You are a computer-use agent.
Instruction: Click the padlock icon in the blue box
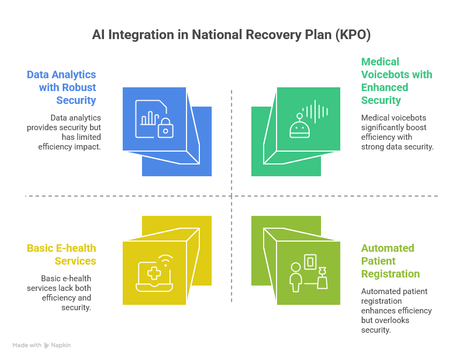pyautogui.click(x=166, y=128)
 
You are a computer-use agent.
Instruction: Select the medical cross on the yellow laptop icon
pyautogui.click(x=154, y=273)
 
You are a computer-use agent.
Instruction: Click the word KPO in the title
pyautogui.click(x=353, y=34)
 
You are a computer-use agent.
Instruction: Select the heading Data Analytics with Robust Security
pyautogui.click(x=62, y=87)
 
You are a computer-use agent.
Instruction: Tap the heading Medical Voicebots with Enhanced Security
pyautogui.click(x=397, y=81)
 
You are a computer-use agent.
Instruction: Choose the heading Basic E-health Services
pyautogui.click(x=62, y=254)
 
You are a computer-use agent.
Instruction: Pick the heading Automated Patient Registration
pyautogui.click(x=390, y=261)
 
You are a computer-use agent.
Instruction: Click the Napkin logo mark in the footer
pyautogui.click(x=47, y=345)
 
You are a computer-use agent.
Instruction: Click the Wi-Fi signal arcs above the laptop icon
pyautogui.click(x=166, y=261)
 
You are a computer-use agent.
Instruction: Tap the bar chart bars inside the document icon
pyautogui.click(x=150, y=118)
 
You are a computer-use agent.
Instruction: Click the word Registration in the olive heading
pyautogui.click(x=390, y=274)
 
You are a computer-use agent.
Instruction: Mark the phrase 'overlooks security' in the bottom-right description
pyautogui.click(x=385, y=325)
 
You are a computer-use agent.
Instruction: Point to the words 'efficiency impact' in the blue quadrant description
pyautogui.click(x=69, y=147)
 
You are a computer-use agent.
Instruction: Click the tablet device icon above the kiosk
pyautogui.click(x=310, y=262)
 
